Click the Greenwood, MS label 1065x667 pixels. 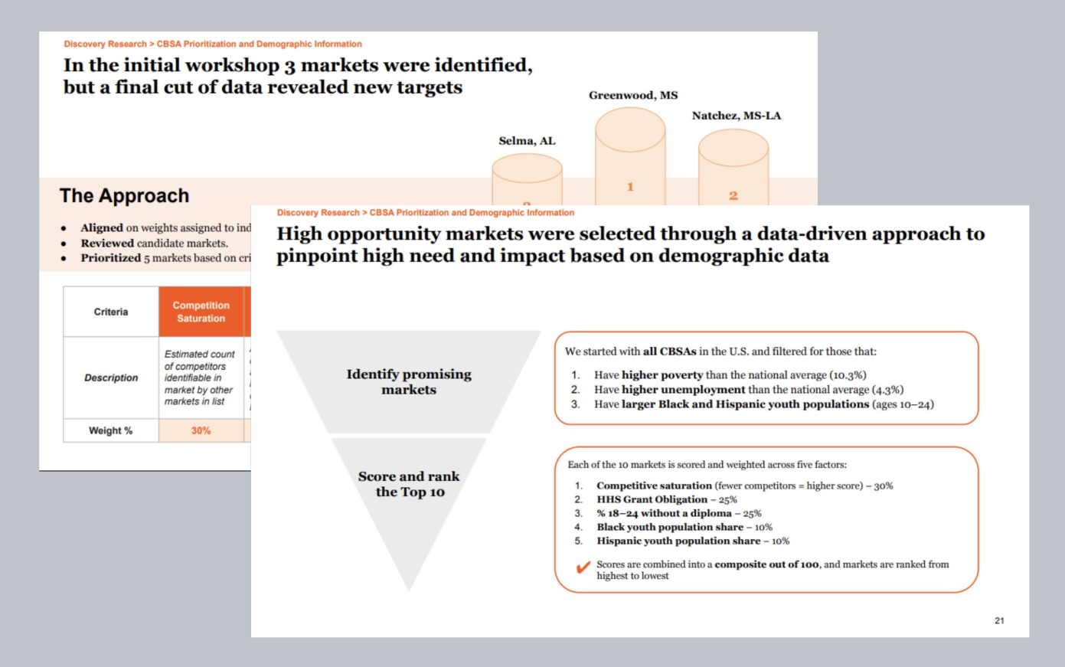(632, 96)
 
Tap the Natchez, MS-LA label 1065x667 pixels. (736, 116)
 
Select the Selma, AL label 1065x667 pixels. (527, 141)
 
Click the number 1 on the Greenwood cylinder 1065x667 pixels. (630, 187)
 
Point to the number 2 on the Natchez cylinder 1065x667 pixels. (733, 196)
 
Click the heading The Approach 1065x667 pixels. (124, 196)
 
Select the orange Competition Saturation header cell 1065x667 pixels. (201, 312)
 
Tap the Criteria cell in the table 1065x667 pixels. (111, 312)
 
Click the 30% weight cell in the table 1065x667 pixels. (201, 430)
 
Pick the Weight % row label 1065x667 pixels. (110, 430)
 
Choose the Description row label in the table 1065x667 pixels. (111, 378)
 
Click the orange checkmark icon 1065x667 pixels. (583, 567)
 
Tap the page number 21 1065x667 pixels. (999, 620)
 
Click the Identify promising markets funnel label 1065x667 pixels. (409, 381)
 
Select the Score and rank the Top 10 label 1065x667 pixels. (409, 484)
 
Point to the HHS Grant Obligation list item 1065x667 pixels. (666, 499)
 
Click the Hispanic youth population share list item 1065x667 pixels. (692, 541)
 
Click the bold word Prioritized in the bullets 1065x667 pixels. (111, 258)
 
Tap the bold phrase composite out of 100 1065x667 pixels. (766, 564)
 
